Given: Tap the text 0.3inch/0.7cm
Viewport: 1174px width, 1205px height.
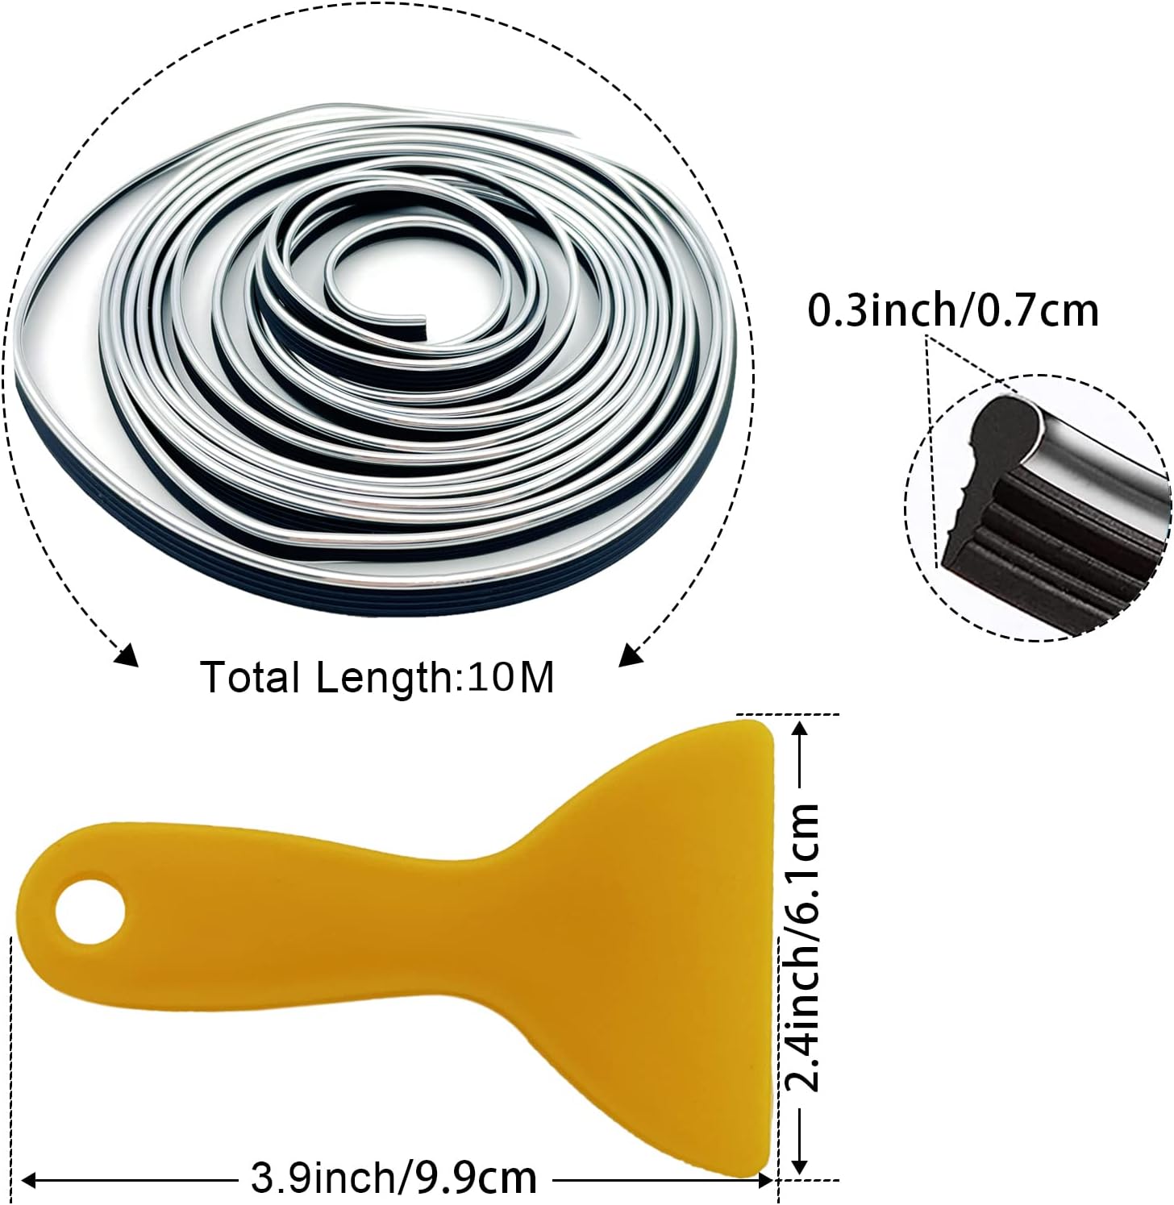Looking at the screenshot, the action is click(x=953, y=311).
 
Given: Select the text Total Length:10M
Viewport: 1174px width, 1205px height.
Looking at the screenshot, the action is click(x=377, y=676).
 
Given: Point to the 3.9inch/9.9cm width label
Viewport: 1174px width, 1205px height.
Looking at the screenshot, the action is click(x=393, y=1178).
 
